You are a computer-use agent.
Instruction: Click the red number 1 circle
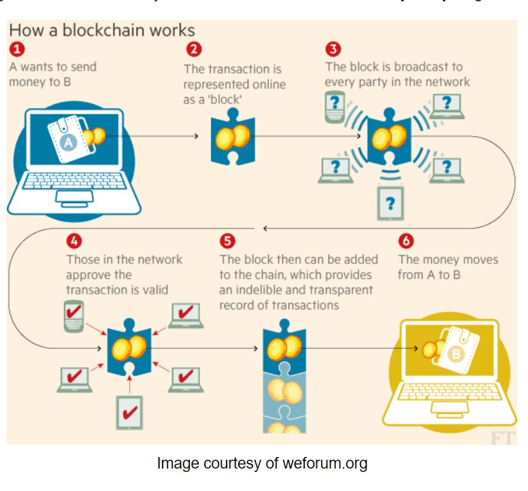[x=17, y=49]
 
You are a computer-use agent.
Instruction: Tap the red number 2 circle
[x=195, y=49]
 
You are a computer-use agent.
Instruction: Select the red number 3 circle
[x=333, y=49]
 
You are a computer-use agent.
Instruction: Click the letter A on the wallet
[x=68, y=141]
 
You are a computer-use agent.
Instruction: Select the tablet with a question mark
[x=390, y=202]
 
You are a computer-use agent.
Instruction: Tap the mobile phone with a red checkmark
[x=75, y=316]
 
